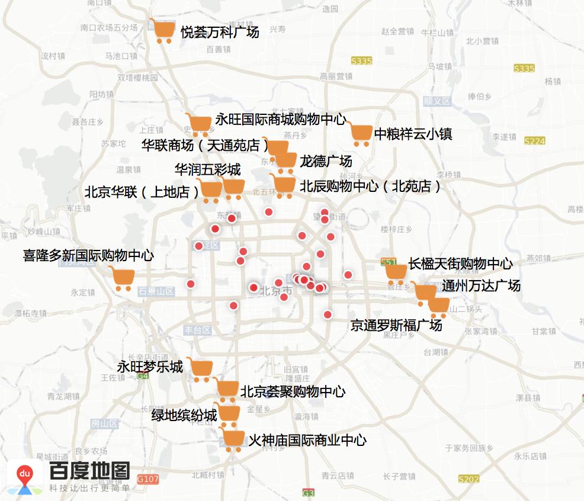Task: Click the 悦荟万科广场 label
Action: point(220,33)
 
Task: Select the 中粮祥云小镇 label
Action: point(413,134)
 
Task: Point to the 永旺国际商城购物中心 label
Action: point(280,120)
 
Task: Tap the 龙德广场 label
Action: point(326,160)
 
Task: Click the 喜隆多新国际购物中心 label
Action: point(88,256)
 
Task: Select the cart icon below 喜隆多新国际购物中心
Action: point(123,279)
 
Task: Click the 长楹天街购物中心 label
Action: point(460,264)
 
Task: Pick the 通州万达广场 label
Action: point(481,285)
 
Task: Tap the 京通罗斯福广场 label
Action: point(396,325)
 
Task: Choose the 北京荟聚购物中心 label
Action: point(293,391)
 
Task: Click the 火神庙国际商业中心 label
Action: point(307,440)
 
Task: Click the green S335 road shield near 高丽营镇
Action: point(361,61)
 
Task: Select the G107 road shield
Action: point(147,478)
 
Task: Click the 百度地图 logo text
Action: point(89,471)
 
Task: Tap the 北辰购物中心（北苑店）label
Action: point(371,187)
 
